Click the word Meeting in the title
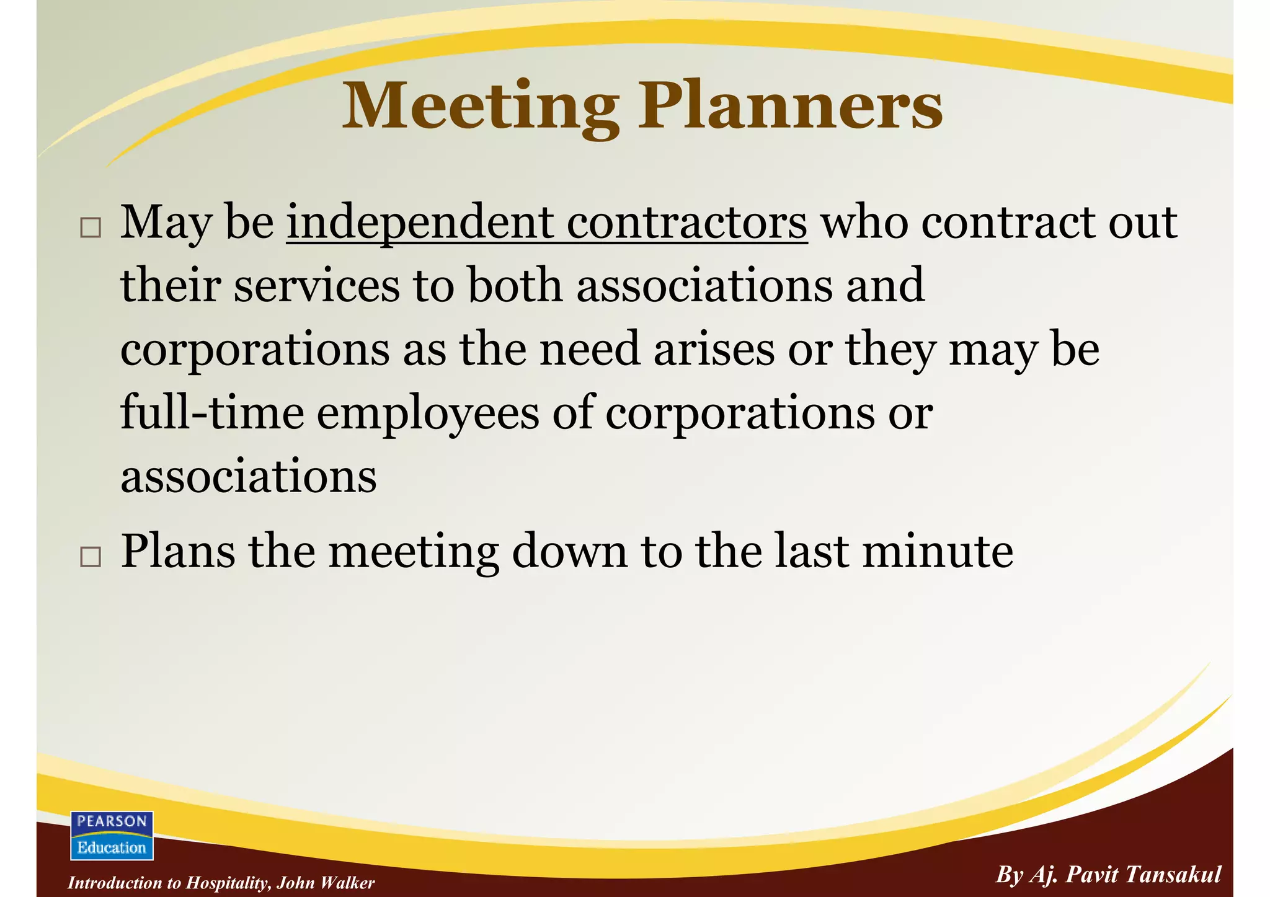tap(481, 107)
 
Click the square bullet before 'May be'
tap(91, 228)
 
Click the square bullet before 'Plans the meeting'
tap(91, 557)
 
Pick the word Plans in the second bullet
tap(178, 551)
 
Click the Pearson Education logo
tap(112, 835)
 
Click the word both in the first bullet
tap(515, 286)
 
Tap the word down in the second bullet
tap(569, 551)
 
